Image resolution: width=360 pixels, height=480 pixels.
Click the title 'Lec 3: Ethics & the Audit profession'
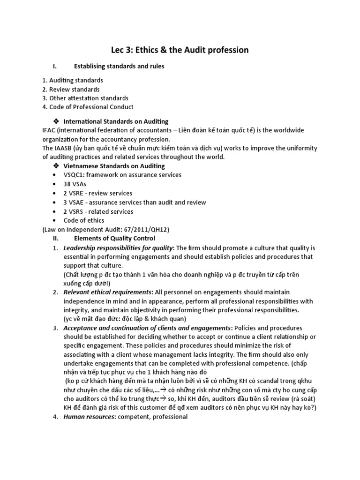pyautogui.click(x=180, y=50)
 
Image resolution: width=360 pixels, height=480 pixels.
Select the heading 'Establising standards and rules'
pyautogui.click(x=119, y=67)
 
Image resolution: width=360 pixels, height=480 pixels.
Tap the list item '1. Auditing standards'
pyautogui.click(x=72, y=80)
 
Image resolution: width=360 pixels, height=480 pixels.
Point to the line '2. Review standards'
pyautogui.click(x=70, y=89)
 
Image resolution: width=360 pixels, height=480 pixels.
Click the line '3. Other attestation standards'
pyautogui.click(x=85, y=98)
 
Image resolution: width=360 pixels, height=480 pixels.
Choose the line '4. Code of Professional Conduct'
pyautogui.click(x=88, y=107)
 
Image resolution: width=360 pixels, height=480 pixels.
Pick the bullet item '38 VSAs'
pyautogui.click(x=75, y=184)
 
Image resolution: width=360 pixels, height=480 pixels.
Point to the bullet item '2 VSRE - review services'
pyautogui.click(x=97, y=193)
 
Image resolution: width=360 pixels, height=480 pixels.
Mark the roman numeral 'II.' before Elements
pyautogui.click(x=55, y=238)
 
